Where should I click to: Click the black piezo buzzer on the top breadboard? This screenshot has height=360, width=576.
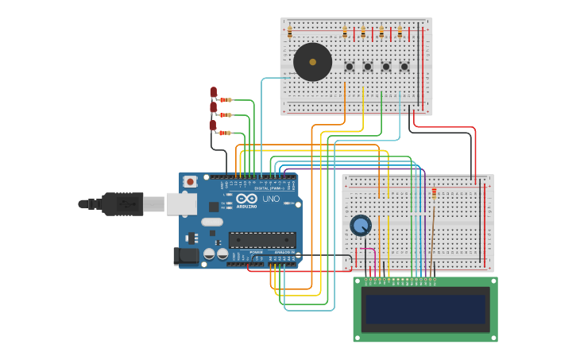click(x=312, y=62)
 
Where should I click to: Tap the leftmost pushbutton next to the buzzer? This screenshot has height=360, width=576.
click(x=349, y=67)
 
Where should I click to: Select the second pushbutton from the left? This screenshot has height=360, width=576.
click(x=368, y=67)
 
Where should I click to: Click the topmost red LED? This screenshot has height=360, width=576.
click(x=213, y=92)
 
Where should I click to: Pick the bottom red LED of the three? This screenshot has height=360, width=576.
click(x=213, y=125)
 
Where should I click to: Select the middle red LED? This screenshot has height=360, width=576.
click(x=213, y=107)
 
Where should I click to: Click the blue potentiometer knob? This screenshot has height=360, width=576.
click(x=361, y=226)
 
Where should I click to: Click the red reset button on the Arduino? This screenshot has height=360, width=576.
click(x=190, y=182)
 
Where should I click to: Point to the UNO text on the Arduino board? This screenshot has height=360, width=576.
click(x=271, y=199)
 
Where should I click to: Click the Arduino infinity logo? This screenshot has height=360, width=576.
click(x=246, y=199)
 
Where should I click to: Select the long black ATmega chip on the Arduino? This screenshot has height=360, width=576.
click(x=262, y=239)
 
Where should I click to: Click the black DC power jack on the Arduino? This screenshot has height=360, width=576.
click(x=186, y=256)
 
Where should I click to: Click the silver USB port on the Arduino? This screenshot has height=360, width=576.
click(x=181, y=204)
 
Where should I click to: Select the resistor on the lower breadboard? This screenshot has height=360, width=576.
click(x=434, y=193)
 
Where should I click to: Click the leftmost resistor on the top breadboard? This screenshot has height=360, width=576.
click(x=290, y=33)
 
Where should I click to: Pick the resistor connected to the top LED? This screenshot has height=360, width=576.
click(x=226, y=100)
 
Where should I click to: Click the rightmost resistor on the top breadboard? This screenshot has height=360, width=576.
click(x=400, y=33)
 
